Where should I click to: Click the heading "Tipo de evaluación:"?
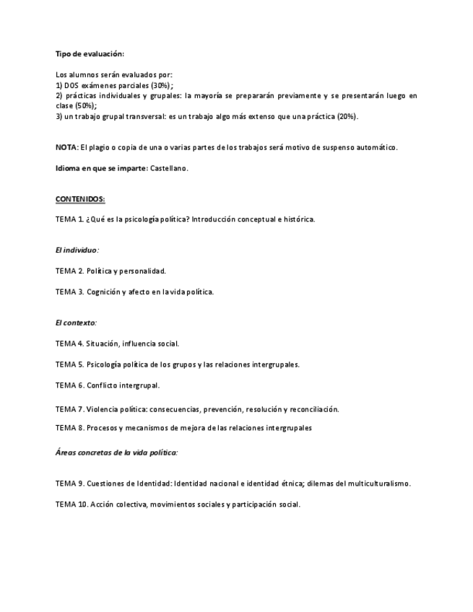(90, 54)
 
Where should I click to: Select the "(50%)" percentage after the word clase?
(85, 105)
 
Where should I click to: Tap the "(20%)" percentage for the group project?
(347, 116)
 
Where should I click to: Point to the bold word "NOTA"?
(66, 147)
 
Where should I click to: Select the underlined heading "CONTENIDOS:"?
(80, 198)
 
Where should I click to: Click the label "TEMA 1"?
(69, 219)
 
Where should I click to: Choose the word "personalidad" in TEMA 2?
(142, 271)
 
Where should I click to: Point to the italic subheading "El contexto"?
(75, 323)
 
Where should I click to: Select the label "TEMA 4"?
(69, 344)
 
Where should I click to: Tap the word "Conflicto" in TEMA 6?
(103, 385)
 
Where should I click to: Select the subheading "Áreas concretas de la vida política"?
(116, 453)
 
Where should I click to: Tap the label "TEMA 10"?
(71, 504)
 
